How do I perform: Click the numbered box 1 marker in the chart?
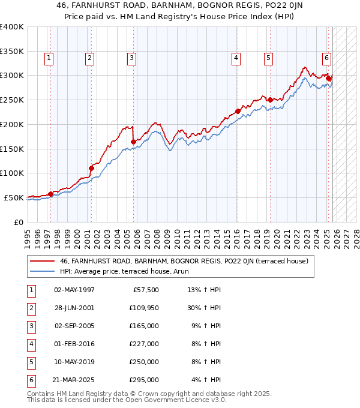click(x=49, y=58)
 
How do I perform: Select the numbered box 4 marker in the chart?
click(x=236, y=58)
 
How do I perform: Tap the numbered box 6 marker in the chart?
click(x=326, y=58)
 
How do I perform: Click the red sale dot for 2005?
click(x=133, y=142)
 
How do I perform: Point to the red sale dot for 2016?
click(x=238, y=111)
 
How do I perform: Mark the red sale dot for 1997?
click(x=50, y=194)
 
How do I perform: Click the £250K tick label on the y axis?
click(x=11, y=100)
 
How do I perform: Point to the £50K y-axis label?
click(x=14, y=197)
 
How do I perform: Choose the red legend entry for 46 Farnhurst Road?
click(x=184, y=261)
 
